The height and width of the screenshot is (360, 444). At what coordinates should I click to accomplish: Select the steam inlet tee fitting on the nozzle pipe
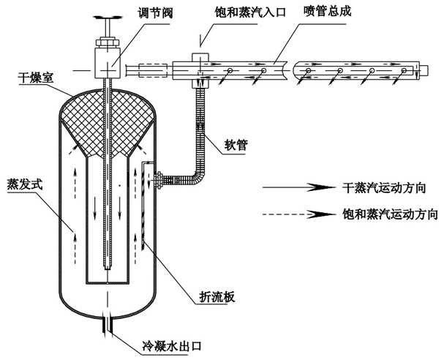(199, 62)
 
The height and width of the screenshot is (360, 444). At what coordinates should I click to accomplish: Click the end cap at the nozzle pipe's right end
(421, 70)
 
